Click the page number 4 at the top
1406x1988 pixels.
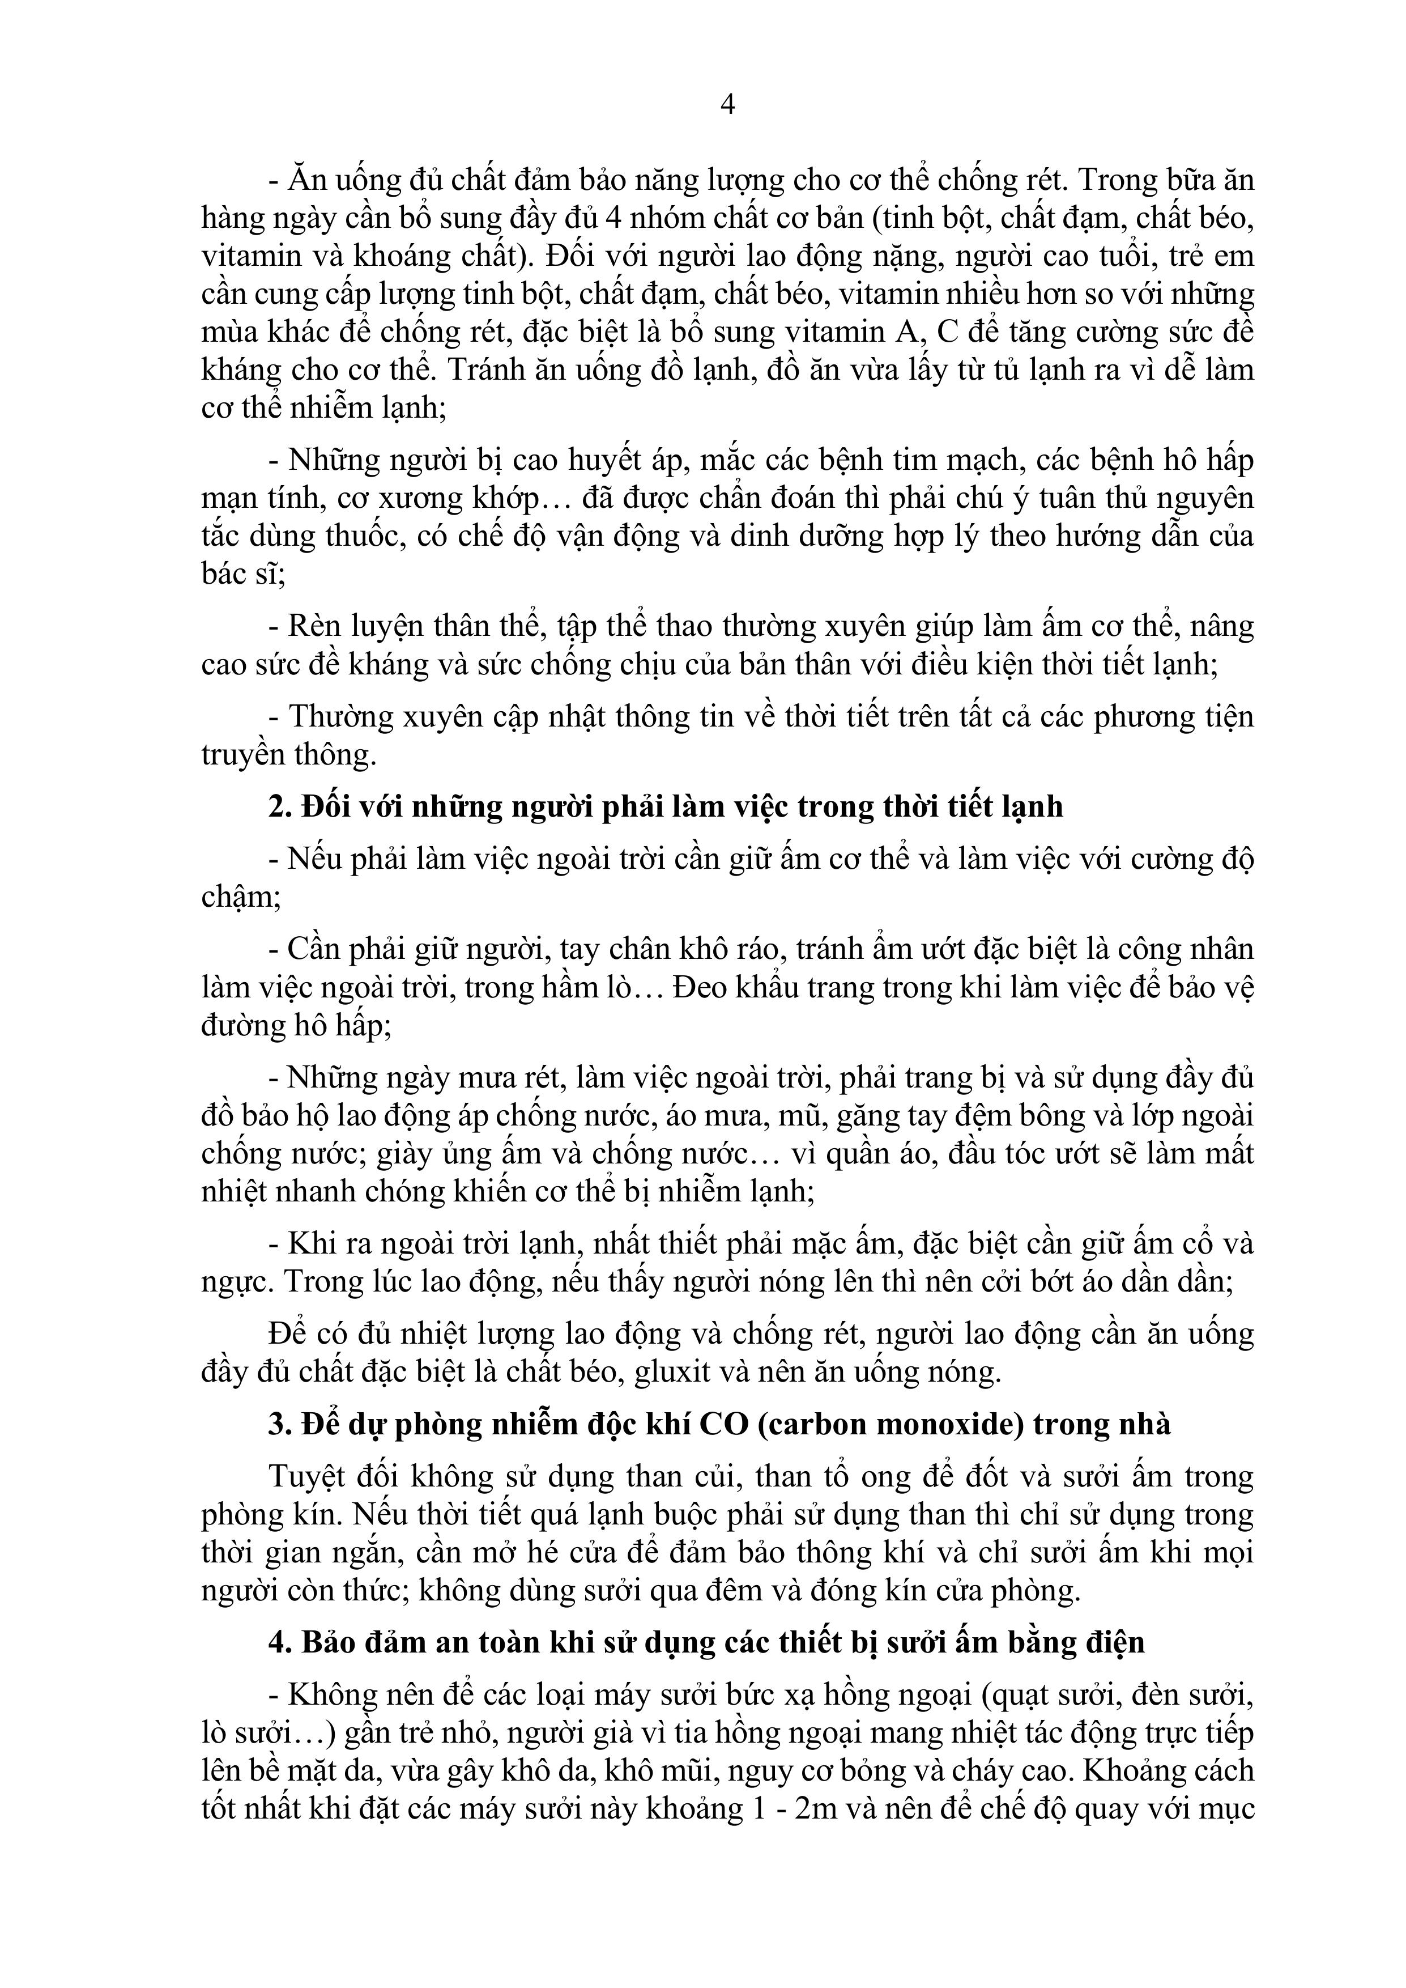(x=727, y=105)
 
